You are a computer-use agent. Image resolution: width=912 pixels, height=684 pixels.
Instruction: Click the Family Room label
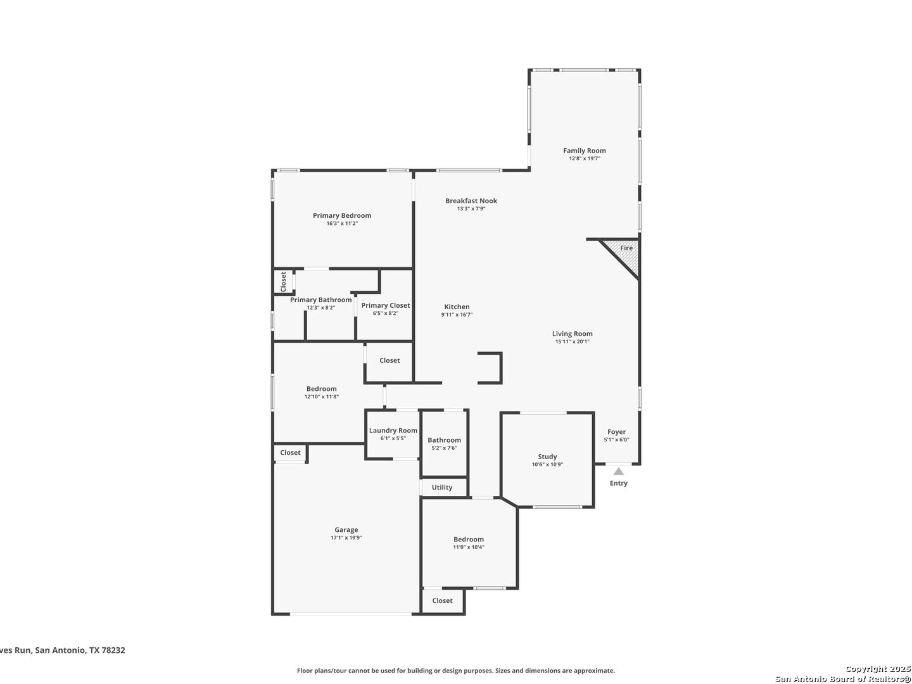(x=584, y=151)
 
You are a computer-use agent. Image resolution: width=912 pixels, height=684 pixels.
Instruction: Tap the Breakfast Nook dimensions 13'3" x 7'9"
(x=471, y=208)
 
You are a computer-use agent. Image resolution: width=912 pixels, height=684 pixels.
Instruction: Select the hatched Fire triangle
(x=623, y=255)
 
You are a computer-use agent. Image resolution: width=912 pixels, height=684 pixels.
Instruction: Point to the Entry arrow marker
(x=619, y=471)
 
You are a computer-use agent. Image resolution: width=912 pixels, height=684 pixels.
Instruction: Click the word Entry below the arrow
(x=619, y=483)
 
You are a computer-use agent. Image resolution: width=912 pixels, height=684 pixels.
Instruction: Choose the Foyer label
(x=617, y=432)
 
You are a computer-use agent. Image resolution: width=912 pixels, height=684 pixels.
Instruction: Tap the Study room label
(x=547, y=457)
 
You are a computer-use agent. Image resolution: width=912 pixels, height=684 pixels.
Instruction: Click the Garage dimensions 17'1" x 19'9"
(x=346, y=538)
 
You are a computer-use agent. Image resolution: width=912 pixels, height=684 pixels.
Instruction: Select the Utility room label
(x=441, y=488)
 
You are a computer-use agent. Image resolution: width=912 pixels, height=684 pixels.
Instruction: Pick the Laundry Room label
(x=393, y=431)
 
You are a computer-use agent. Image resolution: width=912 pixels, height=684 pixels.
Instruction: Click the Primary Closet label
(x=386, y=306)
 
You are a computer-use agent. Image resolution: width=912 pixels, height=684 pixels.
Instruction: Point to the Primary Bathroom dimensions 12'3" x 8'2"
(x=320, y=308)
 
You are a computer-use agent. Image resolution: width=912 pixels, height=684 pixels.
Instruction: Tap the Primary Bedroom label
(x=342, y=215)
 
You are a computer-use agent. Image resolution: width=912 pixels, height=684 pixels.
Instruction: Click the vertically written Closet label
(x=283, y=282)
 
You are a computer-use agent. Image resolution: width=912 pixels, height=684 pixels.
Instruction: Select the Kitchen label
(x=457, y=307)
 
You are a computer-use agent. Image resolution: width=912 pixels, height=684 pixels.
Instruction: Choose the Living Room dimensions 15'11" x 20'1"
(x=572, y=341)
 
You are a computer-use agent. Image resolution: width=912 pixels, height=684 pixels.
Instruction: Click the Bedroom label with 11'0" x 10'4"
(x=468, y=540)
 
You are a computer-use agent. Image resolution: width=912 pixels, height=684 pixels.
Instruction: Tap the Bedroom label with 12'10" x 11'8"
(x=321, y=389)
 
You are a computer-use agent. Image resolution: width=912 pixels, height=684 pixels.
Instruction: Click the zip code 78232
(x=112, y=650)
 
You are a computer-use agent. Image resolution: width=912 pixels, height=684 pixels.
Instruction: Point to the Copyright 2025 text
(x=878, y=669)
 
